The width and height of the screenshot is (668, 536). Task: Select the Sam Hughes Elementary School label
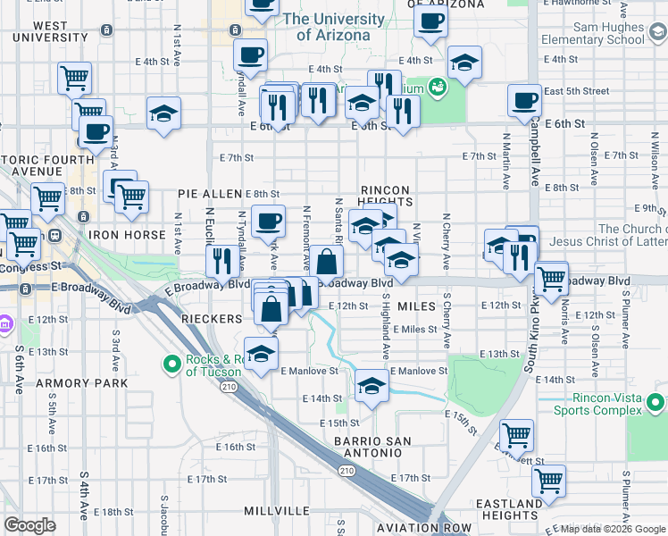tap(597, 34)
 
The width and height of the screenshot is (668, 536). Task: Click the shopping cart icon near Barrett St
tap(515, 436)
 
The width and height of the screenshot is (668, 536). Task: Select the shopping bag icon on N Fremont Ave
tap(327, 262)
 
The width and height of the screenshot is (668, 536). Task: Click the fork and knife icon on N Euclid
tap(221, 261)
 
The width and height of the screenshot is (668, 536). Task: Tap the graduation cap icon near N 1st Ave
tap(163, 114)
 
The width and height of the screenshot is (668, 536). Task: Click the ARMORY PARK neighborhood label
tap(83, 383)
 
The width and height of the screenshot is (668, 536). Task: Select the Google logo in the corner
tap(29, 524)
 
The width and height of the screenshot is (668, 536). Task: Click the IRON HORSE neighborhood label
tap(127, 235)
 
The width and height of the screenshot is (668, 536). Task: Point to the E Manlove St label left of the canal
tap(309, 371)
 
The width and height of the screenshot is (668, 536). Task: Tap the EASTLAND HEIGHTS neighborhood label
tap(509, 509)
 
